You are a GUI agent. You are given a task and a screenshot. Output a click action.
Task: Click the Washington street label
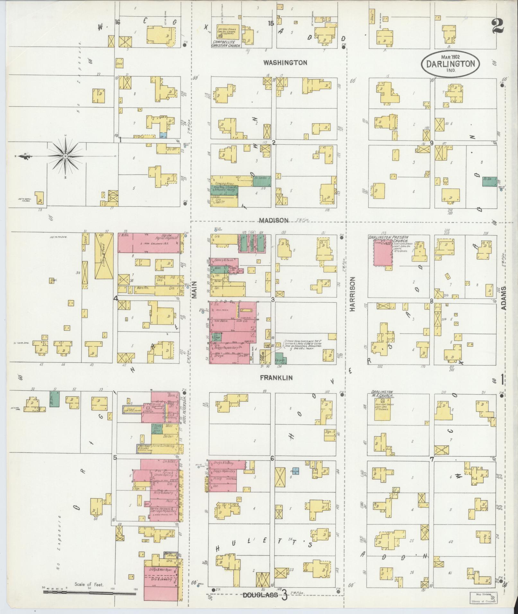coord(285,63)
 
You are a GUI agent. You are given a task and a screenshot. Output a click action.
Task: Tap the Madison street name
coord(274,221)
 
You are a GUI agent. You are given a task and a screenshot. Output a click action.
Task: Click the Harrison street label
coord(353,294)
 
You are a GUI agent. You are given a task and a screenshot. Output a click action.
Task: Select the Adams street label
coord(504,298)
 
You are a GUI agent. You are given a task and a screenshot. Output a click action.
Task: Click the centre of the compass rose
coord(65,156)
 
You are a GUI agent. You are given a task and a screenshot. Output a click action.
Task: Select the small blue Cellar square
coord(295,471)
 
